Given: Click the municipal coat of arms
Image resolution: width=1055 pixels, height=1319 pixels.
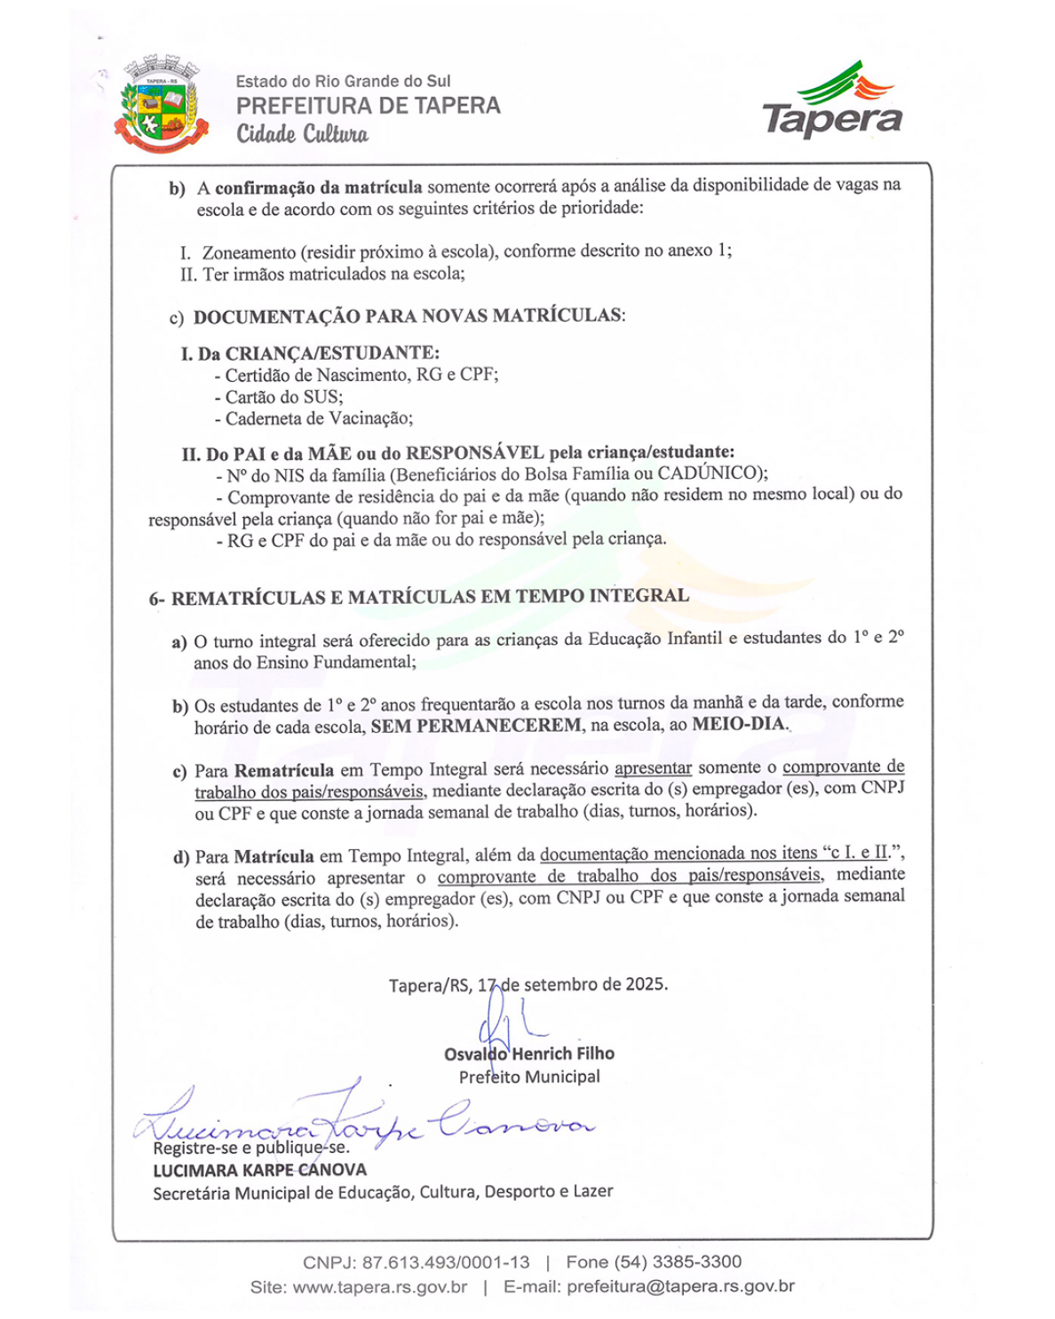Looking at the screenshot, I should pyautogui.click(x=161, y=106).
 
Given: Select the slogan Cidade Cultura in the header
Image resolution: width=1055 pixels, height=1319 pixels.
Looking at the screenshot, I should pyautogui.click(x=302, y=134).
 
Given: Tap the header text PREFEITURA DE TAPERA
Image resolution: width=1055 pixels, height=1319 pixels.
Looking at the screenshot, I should pyautogui.click(x=368, y=106).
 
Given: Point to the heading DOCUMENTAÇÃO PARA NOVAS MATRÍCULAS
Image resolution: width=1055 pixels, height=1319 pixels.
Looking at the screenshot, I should pyautogui.click(x=409, y=316).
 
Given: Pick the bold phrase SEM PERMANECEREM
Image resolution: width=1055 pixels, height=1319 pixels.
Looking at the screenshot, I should pyautogui.click(x=476, y=726).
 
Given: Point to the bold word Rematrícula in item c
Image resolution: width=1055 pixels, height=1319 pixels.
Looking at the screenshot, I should pyautogui.click(x=284, y=770).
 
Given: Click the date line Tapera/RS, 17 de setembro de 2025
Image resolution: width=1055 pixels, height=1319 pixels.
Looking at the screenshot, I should pyautogui.click(x=527, y=984).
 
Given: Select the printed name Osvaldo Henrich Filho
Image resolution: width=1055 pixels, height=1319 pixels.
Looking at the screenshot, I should pyautogui.click(x=529, y=1053).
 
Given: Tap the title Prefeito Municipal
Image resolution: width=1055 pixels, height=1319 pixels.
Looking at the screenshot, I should pyautogui.click(x=529, y=1077).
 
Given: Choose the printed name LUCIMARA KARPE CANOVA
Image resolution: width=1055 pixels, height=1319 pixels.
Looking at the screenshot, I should pyautogui.click(x=259, y=1170).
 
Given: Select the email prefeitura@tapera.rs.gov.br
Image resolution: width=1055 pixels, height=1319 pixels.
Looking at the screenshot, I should pyautogui.click(x=680, y=1286).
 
